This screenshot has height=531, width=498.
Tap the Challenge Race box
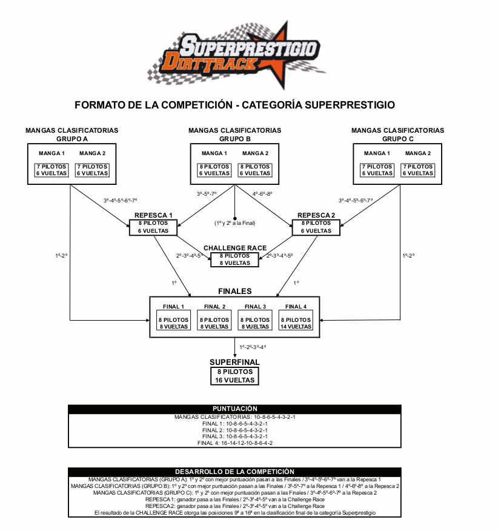point(234,259)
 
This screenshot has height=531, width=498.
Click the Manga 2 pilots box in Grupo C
point(418,170)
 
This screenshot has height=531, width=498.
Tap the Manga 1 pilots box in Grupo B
point(214,170)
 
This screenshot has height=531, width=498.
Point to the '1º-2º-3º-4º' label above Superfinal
point(253,347)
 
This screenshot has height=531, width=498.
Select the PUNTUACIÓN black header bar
point(234,409)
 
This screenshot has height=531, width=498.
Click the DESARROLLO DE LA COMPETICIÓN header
point(234,471)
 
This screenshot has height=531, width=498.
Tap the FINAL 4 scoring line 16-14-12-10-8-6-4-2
point(234,443)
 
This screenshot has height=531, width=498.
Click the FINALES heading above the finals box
point(234,292)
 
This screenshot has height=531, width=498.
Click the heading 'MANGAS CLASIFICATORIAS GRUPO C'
point(397,135)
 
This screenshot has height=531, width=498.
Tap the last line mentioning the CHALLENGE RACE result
point(234,513)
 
